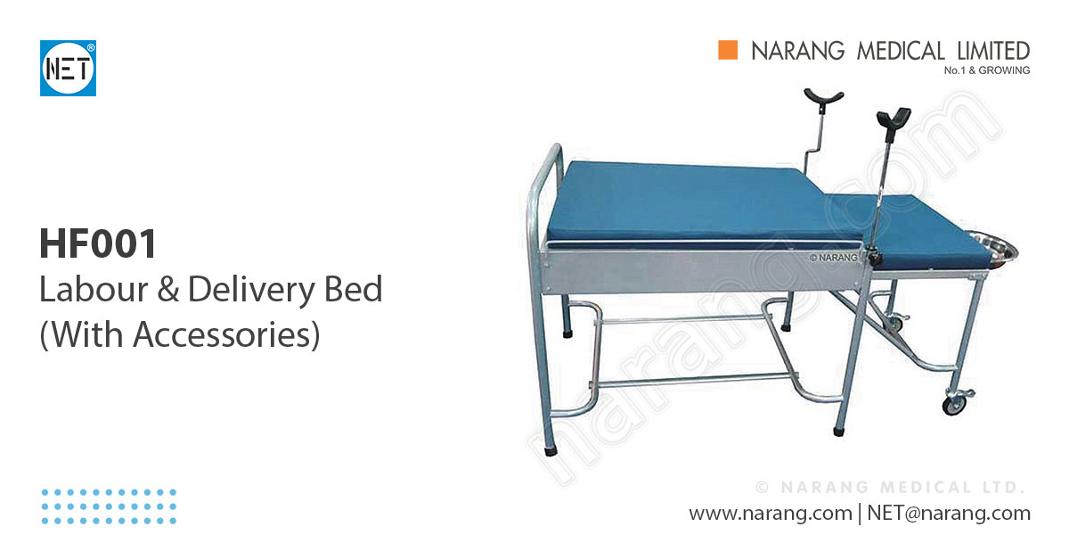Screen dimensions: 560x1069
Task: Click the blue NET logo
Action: pos(68,68)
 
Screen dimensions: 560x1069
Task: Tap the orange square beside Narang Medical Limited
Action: pos(729,51)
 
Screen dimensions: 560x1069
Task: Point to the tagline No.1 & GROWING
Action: pos(986,70)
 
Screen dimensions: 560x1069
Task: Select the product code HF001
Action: pos(98,243)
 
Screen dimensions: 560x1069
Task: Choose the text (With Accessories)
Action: pos(179,334)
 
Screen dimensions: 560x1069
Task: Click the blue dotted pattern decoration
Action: pos(109,506)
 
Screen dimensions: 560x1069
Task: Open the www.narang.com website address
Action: pos(770,514)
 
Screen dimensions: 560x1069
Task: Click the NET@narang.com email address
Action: pos(948,514)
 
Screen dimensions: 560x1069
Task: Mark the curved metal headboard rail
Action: pos(539,187)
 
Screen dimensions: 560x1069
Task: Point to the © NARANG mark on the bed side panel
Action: pos(833,258)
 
